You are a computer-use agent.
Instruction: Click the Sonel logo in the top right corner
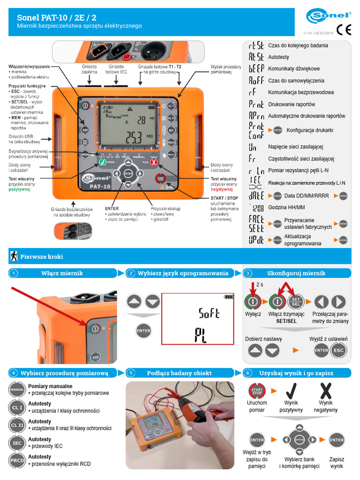click(x=329, y=16)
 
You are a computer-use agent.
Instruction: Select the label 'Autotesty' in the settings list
click(x=278, y=57)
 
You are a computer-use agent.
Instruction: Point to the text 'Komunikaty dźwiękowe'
click(x=294, y=69)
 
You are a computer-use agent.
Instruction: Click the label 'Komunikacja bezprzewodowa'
click(x=301, y=92)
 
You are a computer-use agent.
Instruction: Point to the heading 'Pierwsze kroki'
click(x=41, y=257)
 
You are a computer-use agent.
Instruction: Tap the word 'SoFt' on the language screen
click(x=209, y=313)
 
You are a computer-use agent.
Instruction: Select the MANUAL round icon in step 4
click(x=17, y=390)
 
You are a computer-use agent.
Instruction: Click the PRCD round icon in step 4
click(x=17, y=460)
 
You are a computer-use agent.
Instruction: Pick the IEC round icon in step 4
click(x=17, y=442)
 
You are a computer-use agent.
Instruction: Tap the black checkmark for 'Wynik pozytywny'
click(x=291, y=391)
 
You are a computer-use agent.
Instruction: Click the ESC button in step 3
click(x=339, y=350)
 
